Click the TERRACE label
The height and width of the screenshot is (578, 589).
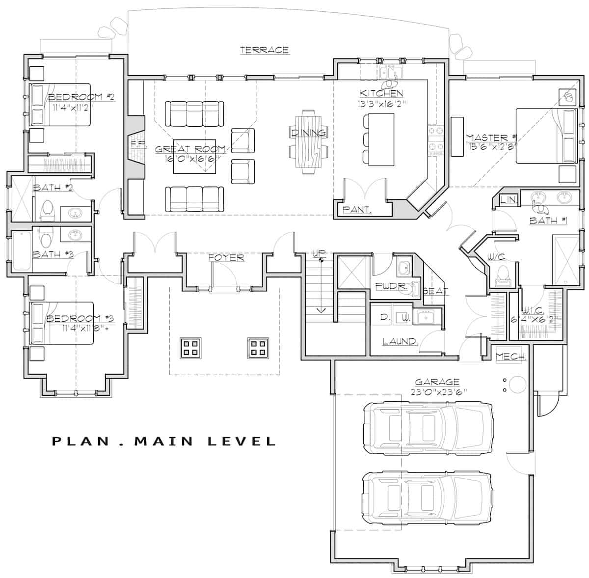click(x=264, y=50)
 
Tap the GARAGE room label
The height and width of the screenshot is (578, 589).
click(x=437, y=382)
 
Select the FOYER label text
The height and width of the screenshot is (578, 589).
click(x=226, y=257)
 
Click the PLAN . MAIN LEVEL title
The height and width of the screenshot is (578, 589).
click(x=164, y=441)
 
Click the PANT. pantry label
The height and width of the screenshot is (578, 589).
click(x=357, y=210)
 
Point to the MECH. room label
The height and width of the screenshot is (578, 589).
click(x=511, y=357)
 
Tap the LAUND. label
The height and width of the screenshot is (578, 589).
click(x=400, y=341)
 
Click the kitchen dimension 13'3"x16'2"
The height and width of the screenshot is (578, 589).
click(x=381, y=104)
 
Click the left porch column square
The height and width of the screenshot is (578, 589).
click(x=189, y=348)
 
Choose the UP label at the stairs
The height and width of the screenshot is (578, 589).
click(x=319, y=253)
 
